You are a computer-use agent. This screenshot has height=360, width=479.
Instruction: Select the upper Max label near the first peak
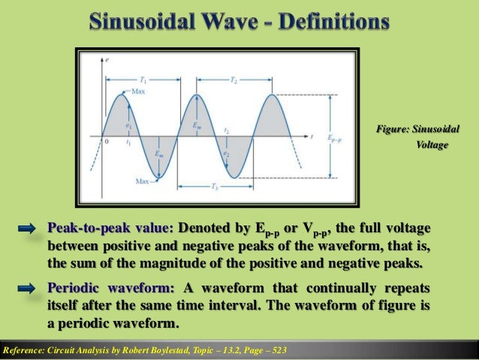coord(138,91)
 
